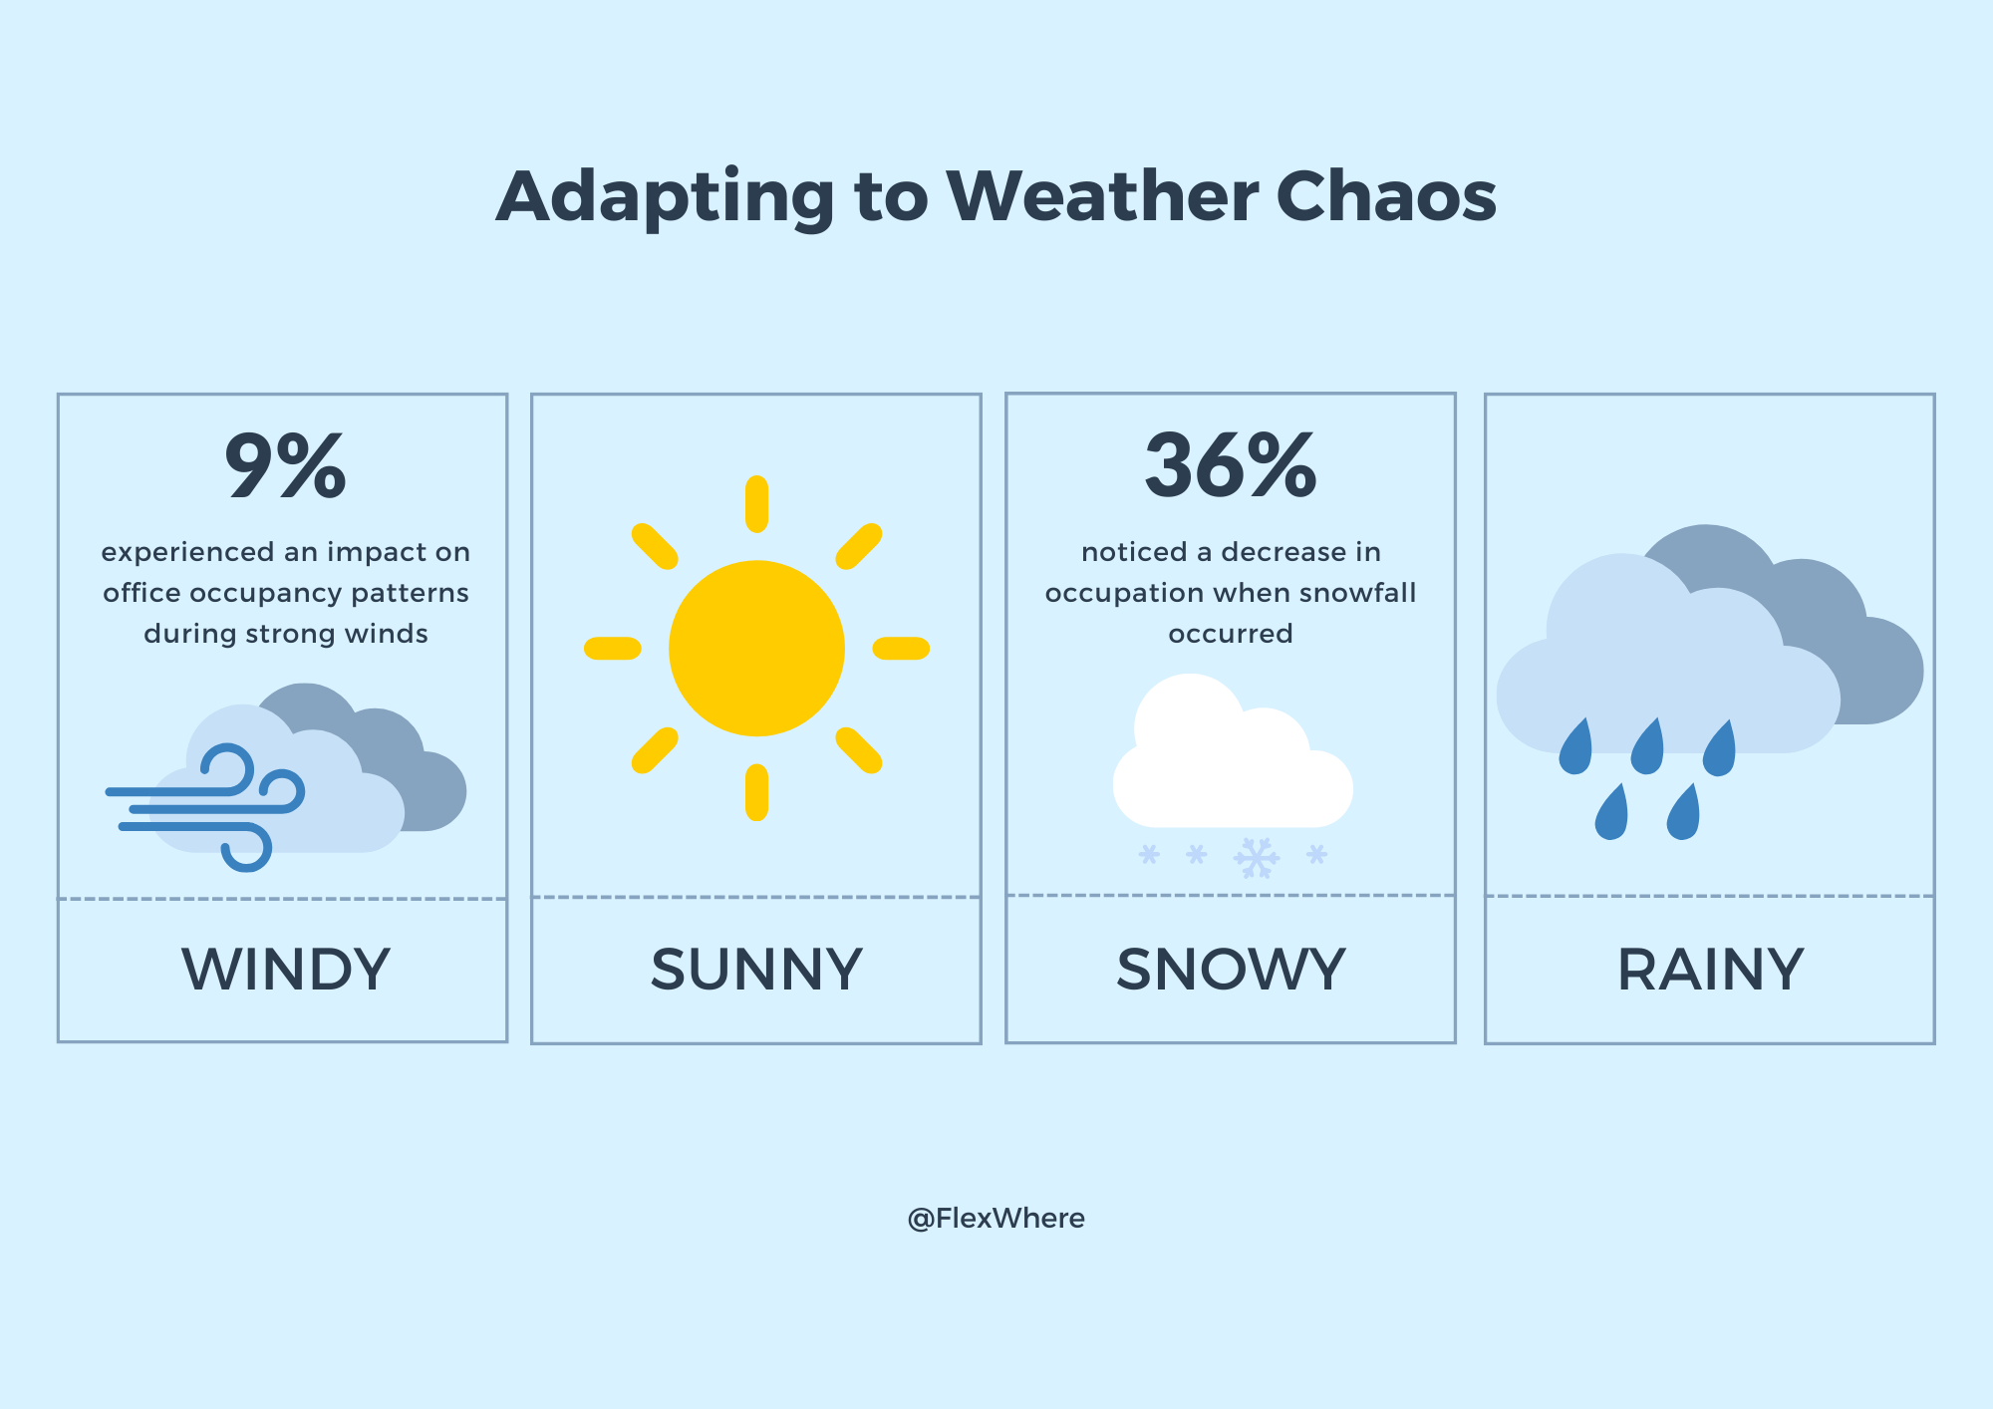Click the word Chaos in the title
(x=1386, y=195)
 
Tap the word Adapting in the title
(x=665, y=197)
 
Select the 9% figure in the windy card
(x=286, y=465)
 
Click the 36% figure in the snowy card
(x=1231, y=465)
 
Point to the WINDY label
(x=286, y=969)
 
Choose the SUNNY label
(x=756, y=969)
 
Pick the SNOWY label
(x=1231, y=969)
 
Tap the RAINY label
(x=1710, y=969)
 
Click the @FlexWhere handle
(x=996, y=1218)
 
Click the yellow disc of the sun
(x=756, y=649)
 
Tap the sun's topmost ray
(x=756, y=504)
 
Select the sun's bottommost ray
(x=756, y=792)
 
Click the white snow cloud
(x=1232, y=757)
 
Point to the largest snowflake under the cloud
(x=1257, y=858)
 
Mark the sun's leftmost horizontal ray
(x=612, y=649)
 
